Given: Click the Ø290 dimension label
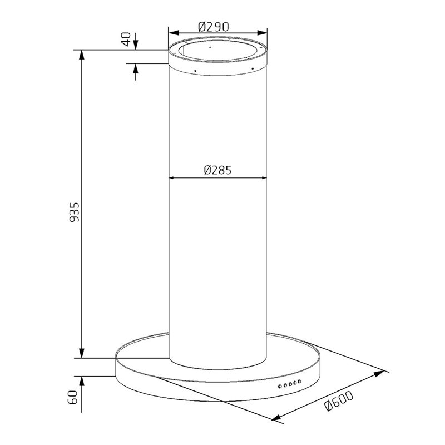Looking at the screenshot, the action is click(x=214, y=27).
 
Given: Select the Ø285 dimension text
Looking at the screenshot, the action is click(x=217, y=170).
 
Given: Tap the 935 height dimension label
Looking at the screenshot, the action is click(x=75, y=212).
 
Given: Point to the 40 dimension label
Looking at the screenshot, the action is click(x=126, y=39).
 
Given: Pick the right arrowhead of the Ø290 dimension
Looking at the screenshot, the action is click(x=262, y=33).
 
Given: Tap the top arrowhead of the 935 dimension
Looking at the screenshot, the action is click(x=82, y=55).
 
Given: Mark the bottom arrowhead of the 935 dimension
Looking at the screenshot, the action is click(x=82, y=353).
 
